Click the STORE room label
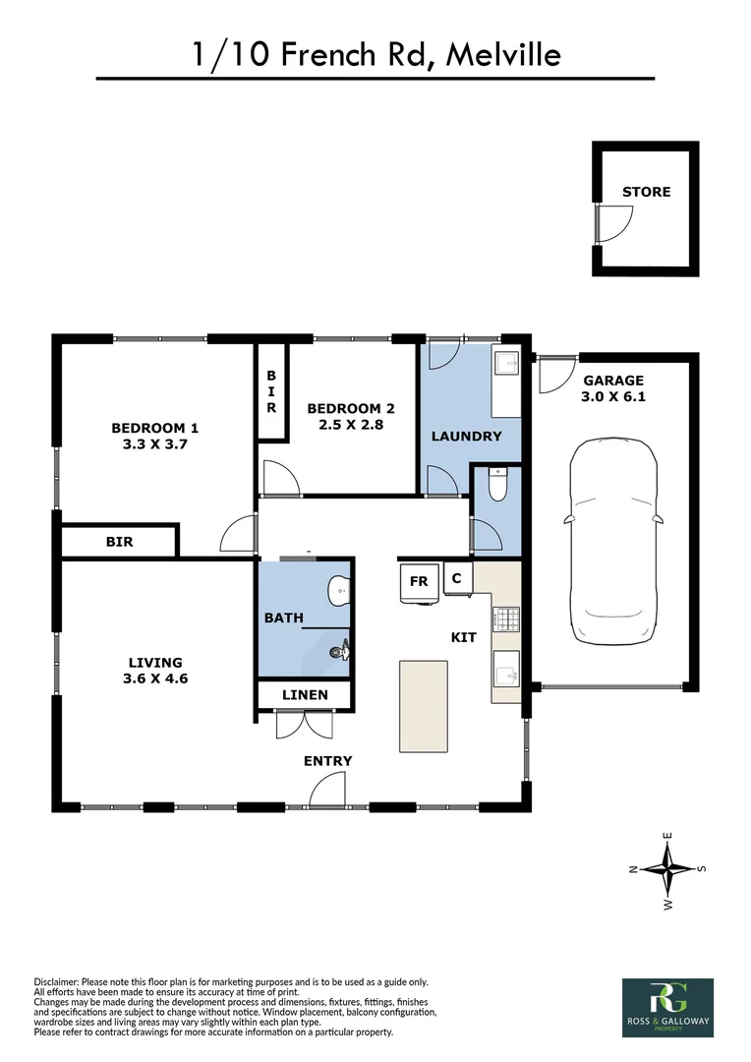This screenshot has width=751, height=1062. point(646,192)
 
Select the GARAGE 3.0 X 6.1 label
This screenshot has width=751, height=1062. point(613,389)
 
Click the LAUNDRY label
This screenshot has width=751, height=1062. point(466,436)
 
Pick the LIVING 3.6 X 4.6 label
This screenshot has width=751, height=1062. point(154,671)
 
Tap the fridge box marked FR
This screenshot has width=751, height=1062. point(419,581)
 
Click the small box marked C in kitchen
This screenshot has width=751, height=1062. point(457,578)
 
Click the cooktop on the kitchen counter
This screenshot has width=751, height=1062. point(505,619)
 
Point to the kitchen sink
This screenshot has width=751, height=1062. point(505,673)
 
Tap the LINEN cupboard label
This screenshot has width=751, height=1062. point(305,695)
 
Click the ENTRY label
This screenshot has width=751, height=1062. point(327,761)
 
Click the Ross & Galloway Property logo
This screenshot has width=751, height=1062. point(667,1006)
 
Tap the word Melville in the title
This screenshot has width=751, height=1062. point(503,54)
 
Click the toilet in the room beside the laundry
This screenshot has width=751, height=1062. point(496,485)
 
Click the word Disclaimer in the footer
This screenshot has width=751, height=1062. point(61,981)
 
